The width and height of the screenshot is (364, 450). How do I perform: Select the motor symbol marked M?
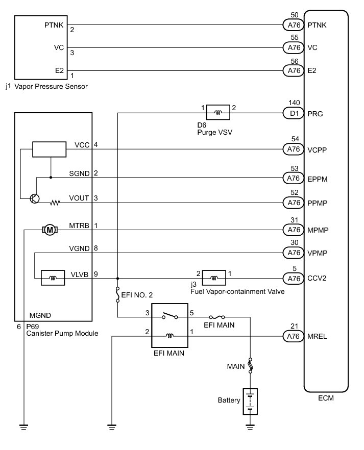click(50, 230)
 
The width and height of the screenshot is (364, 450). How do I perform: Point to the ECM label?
click(325, 398)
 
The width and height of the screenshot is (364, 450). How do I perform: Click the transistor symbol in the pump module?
click(35, 199)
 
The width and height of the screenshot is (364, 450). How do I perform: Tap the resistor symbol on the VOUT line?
click(55, 203)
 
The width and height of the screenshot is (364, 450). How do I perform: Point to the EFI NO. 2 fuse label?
click(136, 295)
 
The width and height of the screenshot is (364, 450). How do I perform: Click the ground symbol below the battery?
click(250, 426)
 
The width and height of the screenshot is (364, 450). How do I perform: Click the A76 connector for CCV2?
click(293, 278)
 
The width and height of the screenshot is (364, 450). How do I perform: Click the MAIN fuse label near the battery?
click(236, 365)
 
